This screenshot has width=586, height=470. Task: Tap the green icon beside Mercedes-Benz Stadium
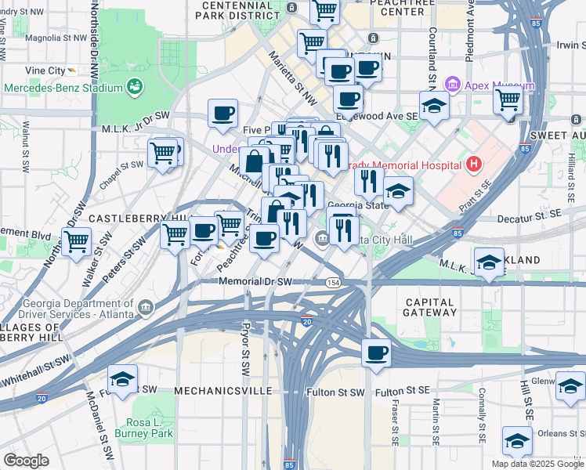136,85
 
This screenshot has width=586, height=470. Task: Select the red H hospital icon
473,164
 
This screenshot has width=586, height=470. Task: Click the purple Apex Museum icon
452,85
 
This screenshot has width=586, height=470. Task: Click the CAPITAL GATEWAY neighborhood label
429,307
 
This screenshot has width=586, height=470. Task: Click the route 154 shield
334,282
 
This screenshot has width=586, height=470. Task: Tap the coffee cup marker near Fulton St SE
377,353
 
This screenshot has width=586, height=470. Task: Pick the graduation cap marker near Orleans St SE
516,440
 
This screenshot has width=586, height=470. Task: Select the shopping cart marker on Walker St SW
76,240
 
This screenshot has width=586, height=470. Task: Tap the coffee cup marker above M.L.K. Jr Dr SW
223,113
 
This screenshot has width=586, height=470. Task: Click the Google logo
27,460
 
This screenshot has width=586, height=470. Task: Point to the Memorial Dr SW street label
255,281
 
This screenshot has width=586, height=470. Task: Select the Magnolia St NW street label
56,37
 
